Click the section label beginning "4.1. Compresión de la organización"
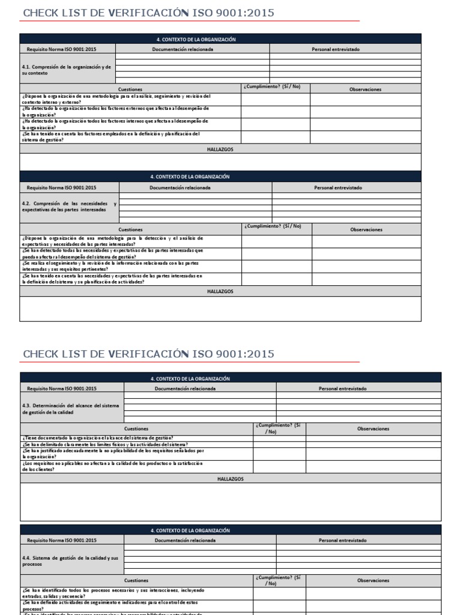67,70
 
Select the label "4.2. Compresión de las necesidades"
69,207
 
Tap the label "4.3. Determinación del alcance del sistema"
71,408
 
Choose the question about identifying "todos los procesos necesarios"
113,593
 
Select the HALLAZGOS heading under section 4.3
230,479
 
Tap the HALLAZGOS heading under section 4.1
220,149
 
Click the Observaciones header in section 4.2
366,229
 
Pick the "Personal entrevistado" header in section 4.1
336,49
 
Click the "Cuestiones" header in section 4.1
130,89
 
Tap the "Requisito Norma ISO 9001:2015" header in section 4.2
69,187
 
